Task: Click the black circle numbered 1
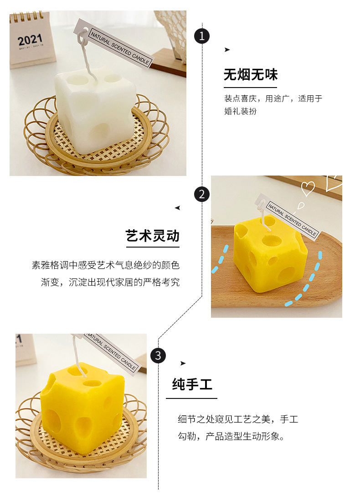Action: [x=202, y=36]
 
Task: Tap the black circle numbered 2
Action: [x=202, y=194]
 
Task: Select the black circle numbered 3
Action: [x=158, y=355]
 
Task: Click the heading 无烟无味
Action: [x=250, y=75]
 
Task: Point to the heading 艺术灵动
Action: [x=153, y=236]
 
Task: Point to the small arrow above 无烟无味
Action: [x=227, y=50]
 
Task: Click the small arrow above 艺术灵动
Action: [x=177, y=208]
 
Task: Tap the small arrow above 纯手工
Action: [x=183, y=363]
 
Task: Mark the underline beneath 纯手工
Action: [x=191, y=398]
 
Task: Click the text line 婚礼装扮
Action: [x=240, y=111]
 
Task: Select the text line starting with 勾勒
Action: [x=231, y=437]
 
